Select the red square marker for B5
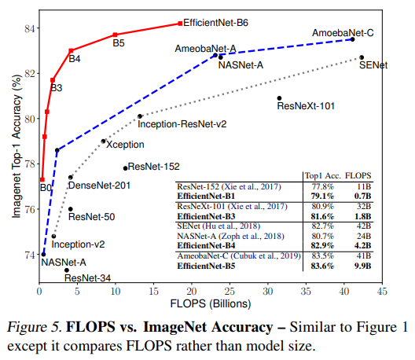click(115, 35)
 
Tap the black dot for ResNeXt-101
click(279, 98)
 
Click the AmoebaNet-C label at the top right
click(343, 34)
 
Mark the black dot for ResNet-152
click(125, 167)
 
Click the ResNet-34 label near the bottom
click(88, 277)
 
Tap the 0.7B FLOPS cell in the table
click(358, 196)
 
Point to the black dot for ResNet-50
click(71, 209)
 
